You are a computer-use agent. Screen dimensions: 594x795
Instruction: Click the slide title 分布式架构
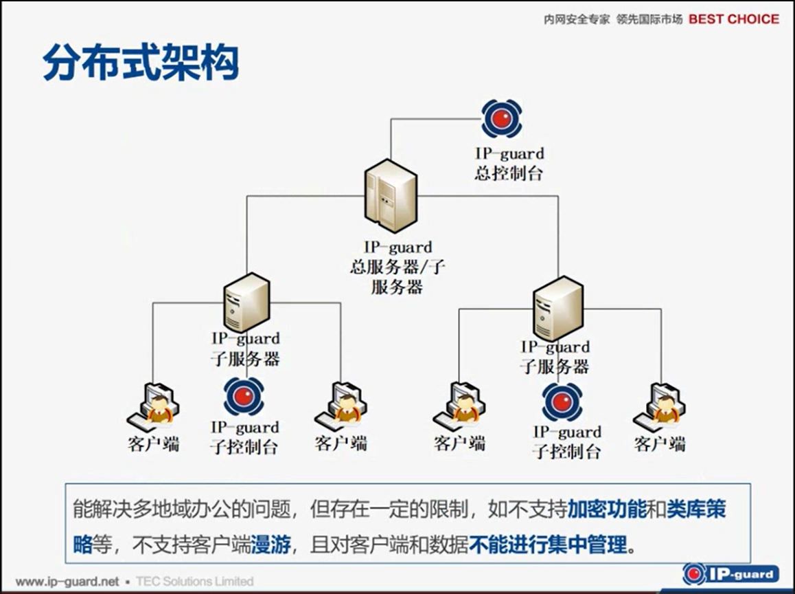(140, 63)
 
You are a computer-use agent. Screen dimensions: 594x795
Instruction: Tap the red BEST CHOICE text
(733, 19)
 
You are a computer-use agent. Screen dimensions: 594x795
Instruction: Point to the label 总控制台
(509, 173)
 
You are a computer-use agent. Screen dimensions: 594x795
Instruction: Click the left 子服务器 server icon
(247, 302)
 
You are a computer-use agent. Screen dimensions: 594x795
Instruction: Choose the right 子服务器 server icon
(558, 308)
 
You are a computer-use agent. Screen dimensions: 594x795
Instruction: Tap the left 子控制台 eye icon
(244, 397)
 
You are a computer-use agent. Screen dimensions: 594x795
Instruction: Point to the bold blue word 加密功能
(607, 509)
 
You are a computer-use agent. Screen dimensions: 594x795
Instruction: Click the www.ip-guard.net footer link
(67, 581)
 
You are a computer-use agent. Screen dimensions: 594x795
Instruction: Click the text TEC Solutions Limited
(194, 581)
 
